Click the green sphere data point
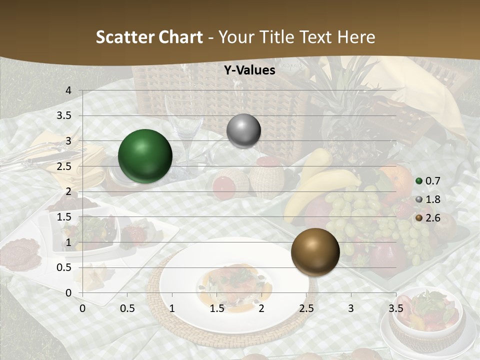145,156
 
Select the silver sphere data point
243,131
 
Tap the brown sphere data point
315,251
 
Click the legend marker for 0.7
419,181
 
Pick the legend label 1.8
432,199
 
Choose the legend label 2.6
432,218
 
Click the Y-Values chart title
249,70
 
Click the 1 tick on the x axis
172,308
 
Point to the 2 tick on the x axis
261,308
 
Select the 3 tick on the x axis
351,308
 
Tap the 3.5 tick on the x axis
395,308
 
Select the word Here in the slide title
356,37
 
